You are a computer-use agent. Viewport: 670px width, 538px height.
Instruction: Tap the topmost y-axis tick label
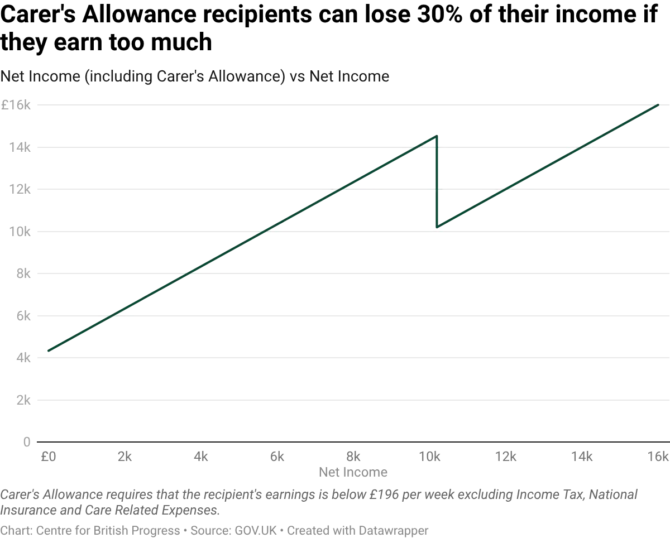point(17,104)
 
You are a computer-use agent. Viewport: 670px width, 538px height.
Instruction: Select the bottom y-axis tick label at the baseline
point(25,441)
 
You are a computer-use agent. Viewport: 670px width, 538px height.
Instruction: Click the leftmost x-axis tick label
point(49,458)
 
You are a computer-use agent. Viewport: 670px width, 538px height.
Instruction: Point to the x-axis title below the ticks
point(352,472)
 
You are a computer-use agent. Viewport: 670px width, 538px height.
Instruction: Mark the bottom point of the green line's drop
point(438,227)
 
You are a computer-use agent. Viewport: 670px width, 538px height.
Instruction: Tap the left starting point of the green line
point(47,351)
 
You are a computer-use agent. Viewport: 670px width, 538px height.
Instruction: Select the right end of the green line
point(659,104)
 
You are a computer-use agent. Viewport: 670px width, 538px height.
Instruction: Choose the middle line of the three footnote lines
point(112,510)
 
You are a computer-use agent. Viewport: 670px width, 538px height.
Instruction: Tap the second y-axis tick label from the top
point(19,147)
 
